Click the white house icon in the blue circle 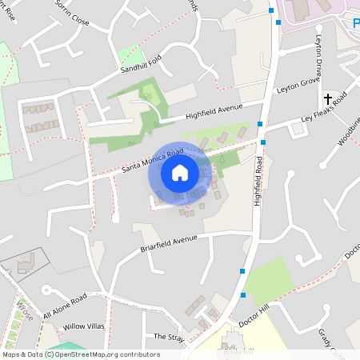coord(180,172)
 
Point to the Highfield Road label coord(259,181)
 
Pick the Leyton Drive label coord(319,61)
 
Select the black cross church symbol coord(328,99)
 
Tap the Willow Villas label coord(84,326)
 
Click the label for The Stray coord(169,337)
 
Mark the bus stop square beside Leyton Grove coord(261,123)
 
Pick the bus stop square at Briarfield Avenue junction coord(242,271)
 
